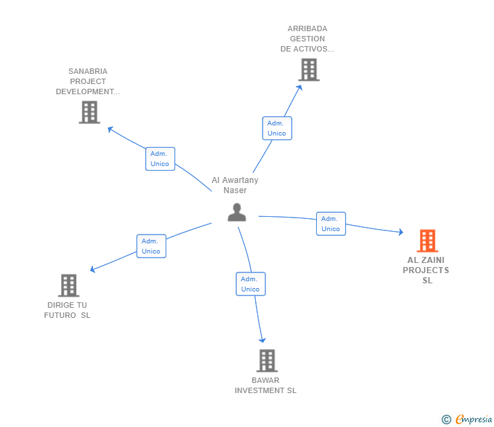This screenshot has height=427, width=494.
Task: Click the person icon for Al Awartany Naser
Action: click(236, 212)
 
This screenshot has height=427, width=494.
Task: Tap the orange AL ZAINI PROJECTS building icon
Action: click(427, 241)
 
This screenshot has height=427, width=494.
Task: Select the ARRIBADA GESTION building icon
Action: click(309, 69)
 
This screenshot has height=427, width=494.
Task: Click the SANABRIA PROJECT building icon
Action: click(89, 112)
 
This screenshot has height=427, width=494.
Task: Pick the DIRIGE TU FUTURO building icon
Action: click(69, 285)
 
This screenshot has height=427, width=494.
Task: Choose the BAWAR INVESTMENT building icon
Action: click(267, 361)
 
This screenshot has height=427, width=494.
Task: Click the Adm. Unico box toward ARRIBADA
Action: click(277, 128)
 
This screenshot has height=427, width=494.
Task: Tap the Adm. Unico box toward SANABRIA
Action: click(160, 159)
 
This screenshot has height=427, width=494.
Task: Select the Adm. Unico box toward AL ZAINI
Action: click(330, 224)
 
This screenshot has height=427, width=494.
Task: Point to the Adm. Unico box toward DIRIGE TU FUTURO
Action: click(151, 246)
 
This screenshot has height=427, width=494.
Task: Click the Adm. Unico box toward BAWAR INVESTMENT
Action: click(250, 284)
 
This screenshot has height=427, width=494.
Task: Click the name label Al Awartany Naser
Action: click(235, 185)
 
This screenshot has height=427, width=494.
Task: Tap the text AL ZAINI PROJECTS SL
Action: click(427, 270)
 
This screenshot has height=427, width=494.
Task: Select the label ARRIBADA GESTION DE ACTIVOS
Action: click(307, 39)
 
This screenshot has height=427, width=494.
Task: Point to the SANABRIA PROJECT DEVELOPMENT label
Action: click(88, 81)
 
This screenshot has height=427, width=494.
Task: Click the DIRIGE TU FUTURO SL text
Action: click(67, 310)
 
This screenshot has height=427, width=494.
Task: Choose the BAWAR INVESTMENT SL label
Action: click(265, 385)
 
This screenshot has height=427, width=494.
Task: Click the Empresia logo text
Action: click(474, 420)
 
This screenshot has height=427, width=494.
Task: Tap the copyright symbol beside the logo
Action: click(446, 420)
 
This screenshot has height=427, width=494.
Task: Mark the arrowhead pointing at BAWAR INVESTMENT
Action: click(262, 340)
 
